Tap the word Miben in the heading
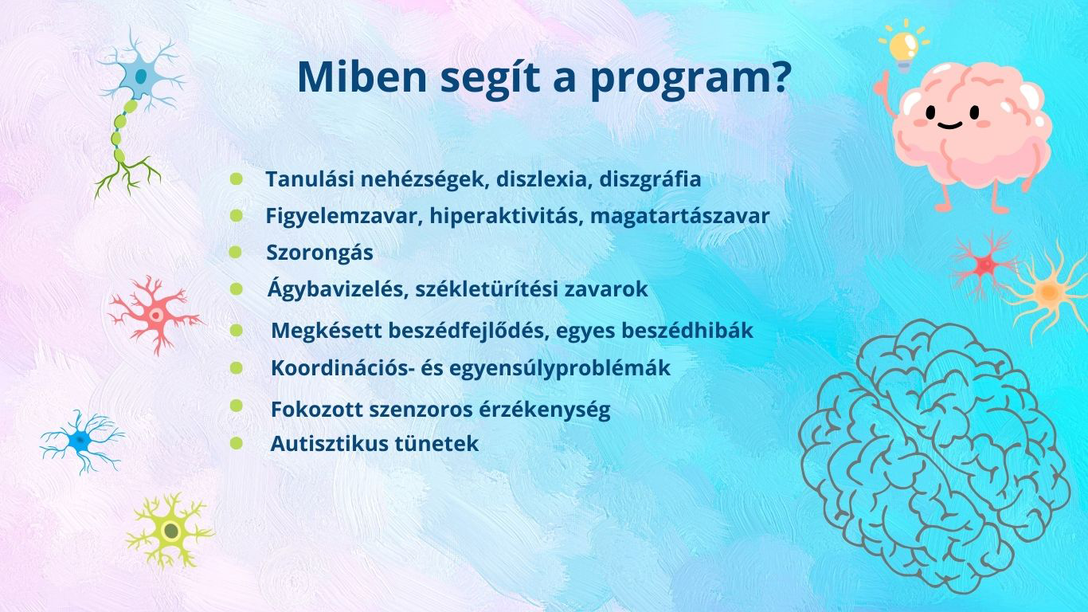pos(362,76)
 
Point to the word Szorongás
pos(319,253)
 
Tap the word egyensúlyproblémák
pos(560,368)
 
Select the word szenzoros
pos(421,410)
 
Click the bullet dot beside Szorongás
pos(236,253)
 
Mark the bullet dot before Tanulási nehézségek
pos(236,178)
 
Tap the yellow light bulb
pos(904,46)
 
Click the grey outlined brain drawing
pos(934,456)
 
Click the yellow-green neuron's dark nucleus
pos(171,531)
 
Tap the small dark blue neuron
pos(81,441)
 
